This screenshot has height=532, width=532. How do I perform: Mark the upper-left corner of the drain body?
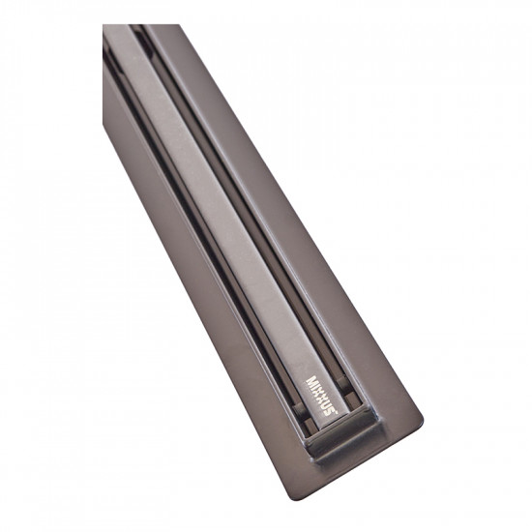point(104,29)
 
